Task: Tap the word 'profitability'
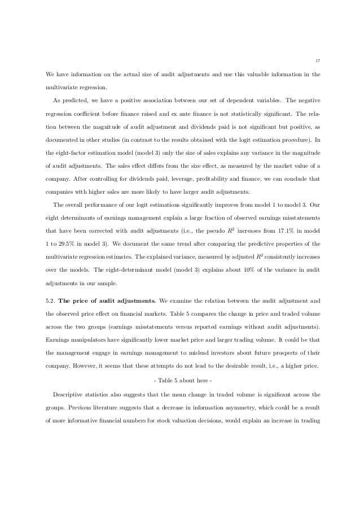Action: click(x=200, y=182)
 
